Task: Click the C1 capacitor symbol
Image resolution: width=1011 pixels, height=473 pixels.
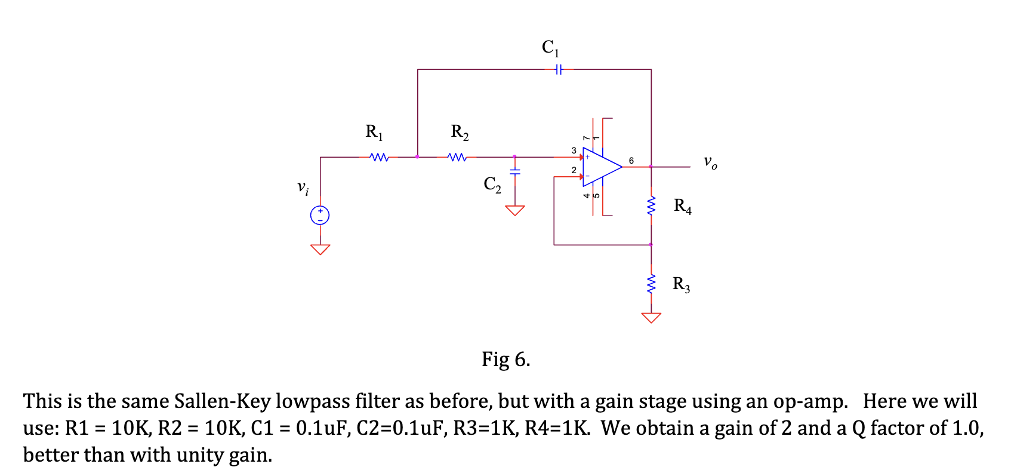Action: point(558,69)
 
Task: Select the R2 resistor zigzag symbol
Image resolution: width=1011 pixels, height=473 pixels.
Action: point(457,158)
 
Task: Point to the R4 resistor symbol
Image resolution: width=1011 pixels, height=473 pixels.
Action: point(651,206)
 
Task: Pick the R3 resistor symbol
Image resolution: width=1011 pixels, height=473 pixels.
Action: point(651,284)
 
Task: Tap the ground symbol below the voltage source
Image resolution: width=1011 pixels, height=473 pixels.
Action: point(320,249)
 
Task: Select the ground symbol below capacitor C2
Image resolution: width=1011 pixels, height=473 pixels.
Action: point(514,210)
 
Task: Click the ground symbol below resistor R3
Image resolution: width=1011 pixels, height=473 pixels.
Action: point(651,317)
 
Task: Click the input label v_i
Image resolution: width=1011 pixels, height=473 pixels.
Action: point(303,188)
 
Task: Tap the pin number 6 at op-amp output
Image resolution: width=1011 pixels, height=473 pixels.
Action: point(631,161)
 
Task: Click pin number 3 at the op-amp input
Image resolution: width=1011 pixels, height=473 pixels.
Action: point(574,150)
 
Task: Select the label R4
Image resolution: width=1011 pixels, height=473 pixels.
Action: point(682,206)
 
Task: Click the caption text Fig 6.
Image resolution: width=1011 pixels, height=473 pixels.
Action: point(506,360)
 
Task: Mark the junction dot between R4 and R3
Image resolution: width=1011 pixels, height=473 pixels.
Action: point(651,244)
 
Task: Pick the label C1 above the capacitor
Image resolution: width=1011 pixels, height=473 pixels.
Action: point(550,47)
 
